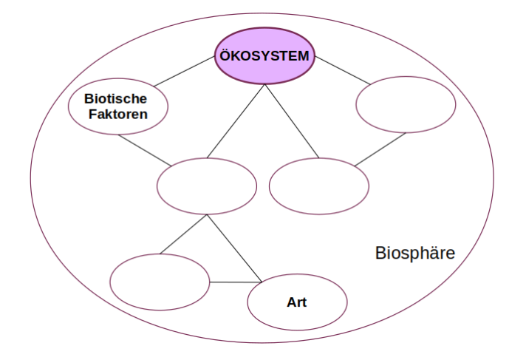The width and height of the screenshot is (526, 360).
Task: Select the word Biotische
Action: (x=116, y=98)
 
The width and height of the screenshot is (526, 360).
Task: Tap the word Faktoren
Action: (x=117, y=114)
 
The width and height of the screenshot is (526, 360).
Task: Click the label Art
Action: (x=296, y=302)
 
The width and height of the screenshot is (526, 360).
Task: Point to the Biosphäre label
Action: (x=414, y=254)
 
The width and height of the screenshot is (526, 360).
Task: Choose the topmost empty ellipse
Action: (x=406, y=105)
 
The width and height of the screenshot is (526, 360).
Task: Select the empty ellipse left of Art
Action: (x=160, y=282)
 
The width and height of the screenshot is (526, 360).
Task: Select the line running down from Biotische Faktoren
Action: (x=144, y=149)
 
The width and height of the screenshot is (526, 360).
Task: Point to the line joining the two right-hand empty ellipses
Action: (x=380, y=150)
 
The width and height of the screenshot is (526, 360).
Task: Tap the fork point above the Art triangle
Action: (x=208, y=215)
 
